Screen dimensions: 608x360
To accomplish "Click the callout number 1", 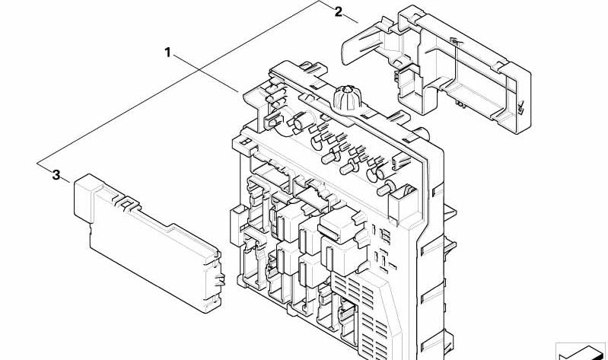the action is click(167, 52).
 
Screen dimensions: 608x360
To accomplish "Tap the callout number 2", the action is click(339, 12).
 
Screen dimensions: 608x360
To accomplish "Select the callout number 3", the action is click(56, 175).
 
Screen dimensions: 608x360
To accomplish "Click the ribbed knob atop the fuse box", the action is click(348, 97).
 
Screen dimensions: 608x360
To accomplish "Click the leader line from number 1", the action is click(205, 74).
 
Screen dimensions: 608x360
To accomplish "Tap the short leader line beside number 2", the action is click(351, 18).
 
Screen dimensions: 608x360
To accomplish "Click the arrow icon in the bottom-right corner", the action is click(581, 352).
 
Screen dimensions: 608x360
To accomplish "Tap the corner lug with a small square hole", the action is click(244, 144).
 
